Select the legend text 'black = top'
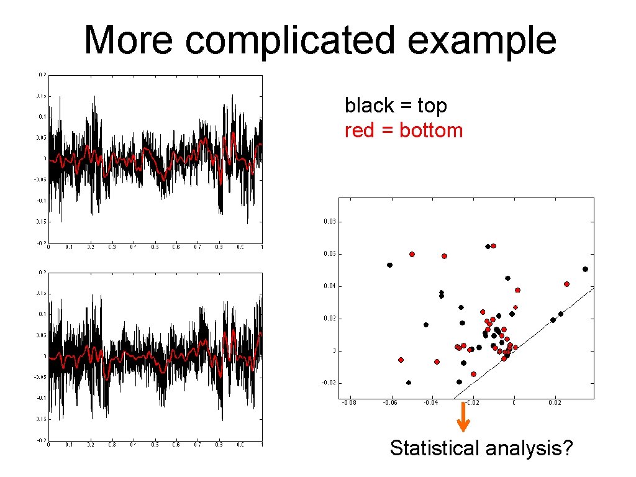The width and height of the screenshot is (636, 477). click(x=396, y=106)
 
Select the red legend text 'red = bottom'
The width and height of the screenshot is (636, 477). click(x=404, y=130)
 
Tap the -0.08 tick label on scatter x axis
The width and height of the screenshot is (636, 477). click(x=350, y=403)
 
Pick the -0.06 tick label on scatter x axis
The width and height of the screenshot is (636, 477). click(x=390, y=403)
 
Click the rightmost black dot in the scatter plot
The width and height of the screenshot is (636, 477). click(x=585, y=269)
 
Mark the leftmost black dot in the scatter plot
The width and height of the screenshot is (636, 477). click(x=389, y=265)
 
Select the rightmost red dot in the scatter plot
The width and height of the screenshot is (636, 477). click(x=566, y=284)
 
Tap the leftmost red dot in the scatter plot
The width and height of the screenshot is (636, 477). click(x=401, y=360)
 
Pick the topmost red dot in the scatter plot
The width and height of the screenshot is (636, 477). click(x=493, y=246)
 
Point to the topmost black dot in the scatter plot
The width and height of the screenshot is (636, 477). click(x=488, y=247)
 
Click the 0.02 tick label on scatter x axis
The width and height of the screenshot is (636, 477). click(x=555, y=403)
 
